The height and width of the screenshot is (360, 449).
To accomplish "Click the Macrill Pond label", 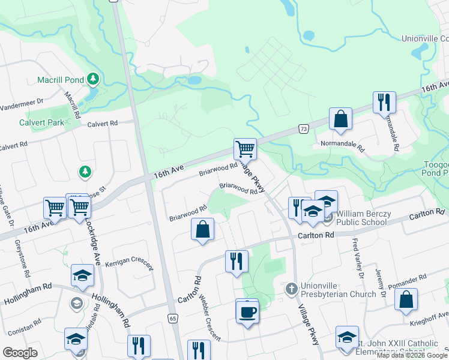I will [60, 79].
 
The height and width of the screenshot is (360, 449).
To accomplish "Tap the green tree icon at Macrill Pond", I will [92, 79].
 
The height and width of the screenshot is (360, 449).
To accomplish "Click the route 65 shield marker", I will [173, 318].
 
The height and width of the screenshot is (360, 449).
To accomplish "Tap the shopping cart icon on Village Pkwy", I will [245, 148].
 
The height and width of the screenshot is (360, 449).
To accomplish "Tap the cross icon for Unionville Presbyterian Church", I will [291, 289].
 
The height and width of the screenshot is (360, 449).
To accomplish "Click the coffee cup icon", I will [247, 311].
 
